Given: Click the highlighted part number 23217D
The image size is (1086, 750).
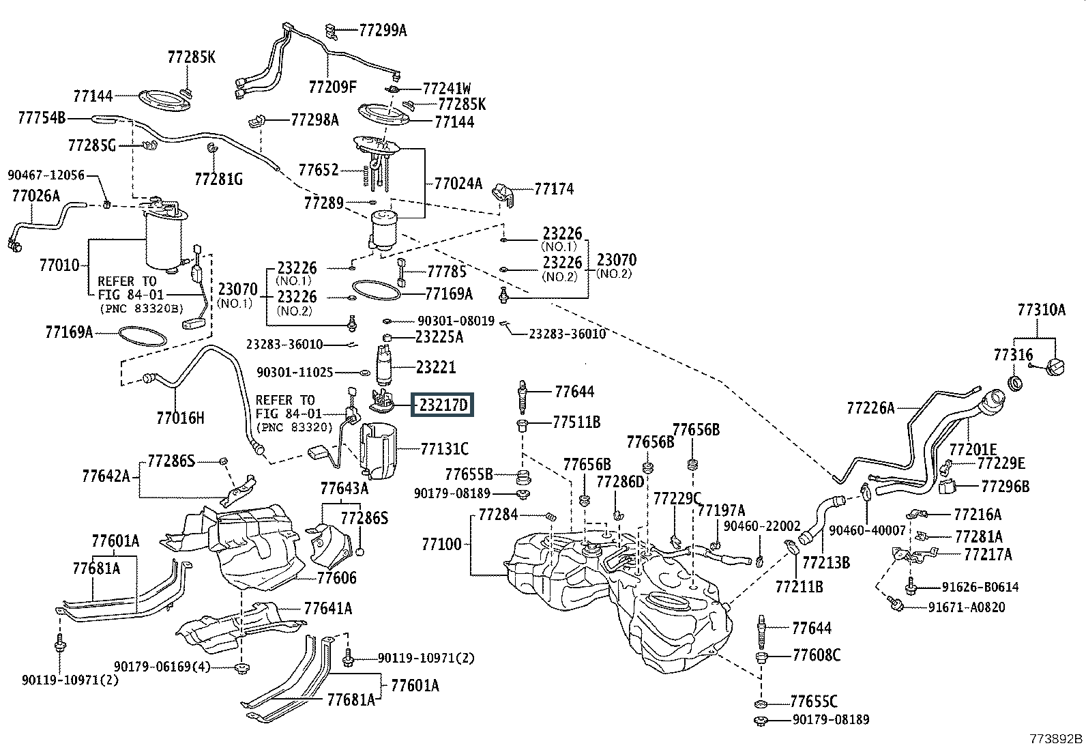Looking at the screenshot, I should click(443, 405).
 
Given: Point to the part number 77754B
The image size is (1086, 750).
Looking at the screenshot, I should click(41, 119).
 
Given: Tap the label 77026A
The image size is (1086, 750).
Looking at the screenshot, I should click(35, 197).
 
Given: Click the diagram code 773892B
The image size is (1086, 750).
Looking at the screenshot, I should click(1056, 739).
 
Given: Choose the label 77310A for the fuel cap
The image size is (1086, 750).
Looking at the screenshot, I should click(1041, 310).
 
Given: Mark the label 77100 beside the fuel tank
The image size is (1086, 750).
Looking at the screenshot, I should click(441, 545).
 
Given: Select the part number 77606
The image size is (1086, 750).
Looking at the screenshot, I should click(336, 577).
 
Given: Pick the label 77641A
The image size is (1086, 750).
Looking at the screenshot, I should click(328, 609).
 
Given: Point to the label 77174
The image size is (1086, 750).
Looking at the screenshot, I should click(554, 189).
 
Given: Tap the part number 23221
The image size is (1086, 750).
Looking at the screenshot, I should click(436, 367).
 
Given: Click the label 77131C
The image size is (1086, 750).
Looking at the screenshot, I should click(445, 449).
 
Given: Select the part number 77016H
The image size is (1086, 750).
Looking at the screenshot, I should click(180, 418).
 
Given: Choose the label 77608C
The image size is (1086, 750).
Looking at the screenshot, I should click(816, 655).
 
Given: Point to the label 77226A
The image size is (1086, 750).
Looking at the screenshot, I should click(870, 408).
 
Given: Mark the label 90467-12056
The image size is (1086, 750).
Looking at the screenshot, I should click(46, 175).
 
